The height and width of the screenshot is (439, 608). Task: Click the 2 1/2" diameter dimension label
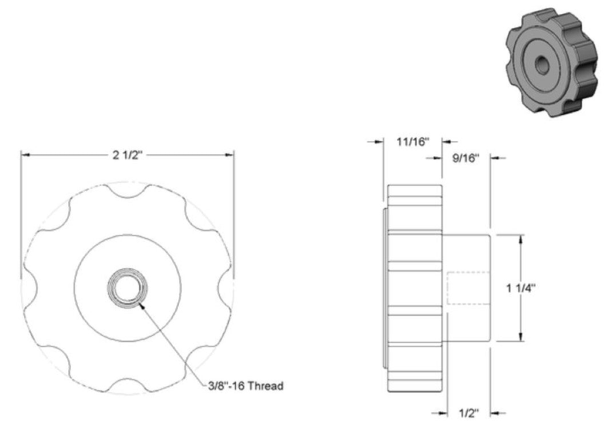point(128,155)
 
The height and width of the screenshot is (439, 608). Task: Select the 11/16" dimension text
point(413,141)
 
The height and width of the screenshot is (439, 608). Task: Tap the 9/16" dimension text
point(466,158)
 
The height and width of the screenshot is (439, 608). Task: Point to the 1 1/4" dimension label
point(520,288)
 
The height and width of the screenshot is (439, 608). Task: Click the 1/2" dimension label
point(468,413)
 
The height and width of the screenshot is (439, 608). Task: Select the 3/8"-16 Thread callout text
point(246,386)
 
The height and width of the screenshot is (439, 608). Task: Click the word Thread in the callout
point(265,386)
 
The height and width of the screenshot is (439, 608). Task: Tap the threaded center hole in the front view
point(128,288)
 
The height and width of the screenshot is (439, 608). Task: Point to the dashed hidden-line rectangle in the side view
point(468,288)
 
